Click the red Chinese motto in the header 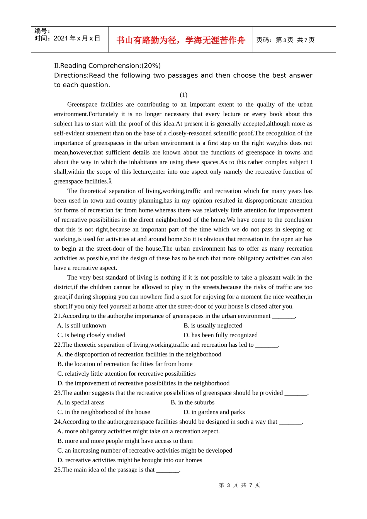coord(180,40)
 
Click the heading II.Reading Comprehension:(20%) coord(107,66)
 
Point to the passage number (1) coord(183,95)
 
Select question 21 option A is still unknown coord(82,326)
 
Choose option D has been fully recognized coord(221,335)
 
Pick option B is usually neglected coord(213,326)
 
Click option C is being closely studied coord(91,335)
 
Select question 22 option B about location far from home coord(125,364)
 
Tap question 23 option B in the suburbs coord(192,402)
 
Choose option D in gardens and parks coord(214,412)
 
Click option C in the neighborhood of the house coord(104,412)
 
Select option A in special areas coord(81,402)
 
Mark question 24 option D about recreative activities coord(130,460)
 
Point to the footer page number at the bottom coord(240,485)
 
